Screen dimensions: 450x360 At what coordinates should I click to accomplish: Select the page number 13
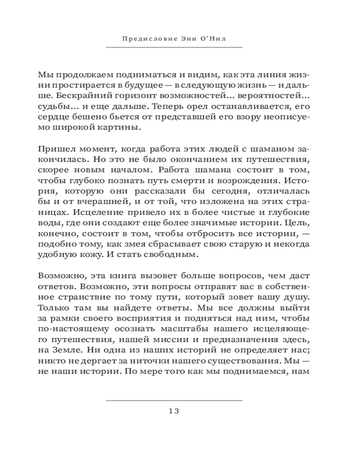pos(174,411)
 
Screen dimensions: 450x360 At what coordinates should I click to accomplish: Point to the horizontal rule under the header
pos(174,48)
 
